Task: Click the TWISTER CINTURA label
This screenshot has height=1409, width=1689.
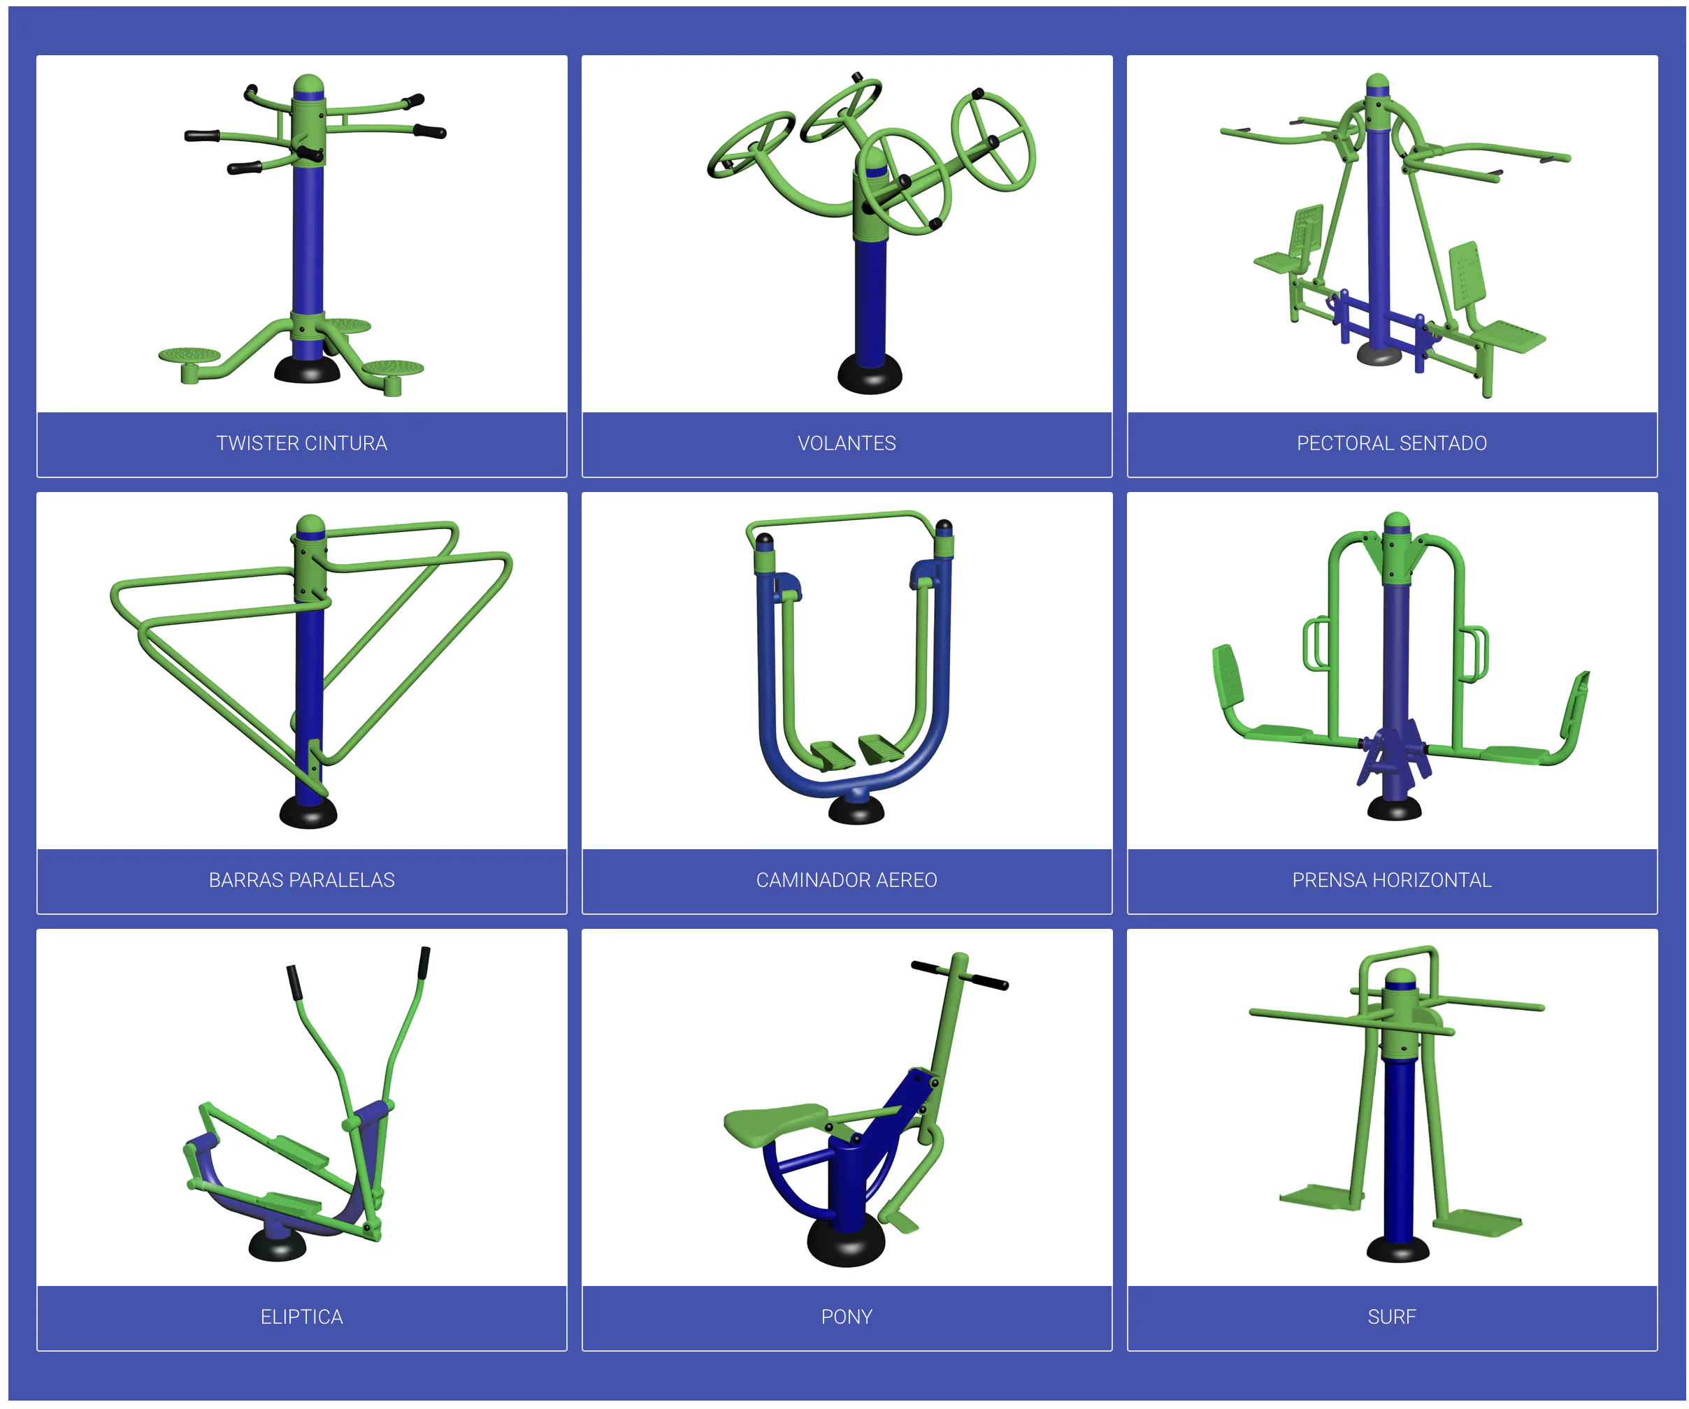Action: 301,443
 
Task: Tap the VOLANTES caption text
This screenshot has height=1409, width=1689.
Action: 846,443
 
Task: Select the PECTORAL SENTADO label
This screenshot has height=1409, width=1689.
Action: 1391,443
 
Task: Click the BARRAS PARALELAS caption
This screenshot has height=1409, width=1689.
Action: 301,880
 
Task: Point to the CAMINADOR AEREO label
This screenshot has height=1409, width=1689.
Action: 846,880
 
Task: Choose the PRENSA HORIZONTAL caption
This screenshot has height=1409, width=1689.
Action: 1391,880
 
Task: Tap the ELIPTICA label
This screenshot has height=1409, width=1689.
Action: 301,1317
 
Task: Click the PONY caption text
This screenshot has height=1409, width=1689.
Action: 846,1317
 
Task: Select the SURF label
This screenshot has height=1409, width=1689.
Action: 1391,1317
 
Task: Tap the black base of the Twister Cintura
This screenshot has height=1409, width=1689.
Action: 306,372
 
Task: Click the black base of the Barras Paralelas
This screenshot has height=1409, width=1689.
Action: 308,813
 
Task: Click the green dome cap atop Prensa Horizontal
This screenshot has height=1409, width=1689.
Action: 1397,522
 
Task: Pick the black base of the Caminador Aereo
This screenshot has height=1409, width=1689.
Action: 856,811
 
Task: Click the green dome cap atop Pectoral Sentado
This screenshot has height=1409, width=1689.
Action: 1378,81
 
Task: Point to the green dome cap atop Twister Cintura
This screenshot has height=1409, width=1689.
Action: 308,84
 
